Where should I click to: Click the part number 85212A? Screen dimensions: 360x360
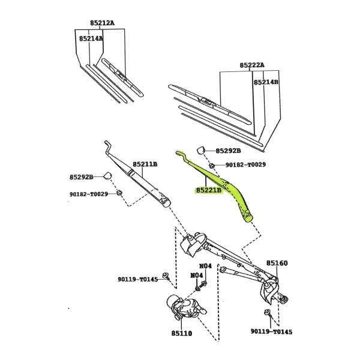pyautogui.click(x=102, y=23)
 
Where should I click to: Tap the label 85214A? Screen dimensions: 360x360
pyautogui.click(x=91, y=38)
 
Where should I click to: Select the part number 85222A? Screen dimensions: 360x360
pyautogui.click(x=252, y=65)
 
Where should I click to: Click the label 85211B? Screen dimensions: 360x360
pyautogui.click(x=145, y=164)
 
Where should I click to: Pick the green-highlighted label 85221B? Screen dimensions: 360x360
pyautogui.click(x=208, y=190)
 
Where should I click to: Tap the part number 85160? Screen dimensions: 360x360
pyautogui.click(x=277, y=263)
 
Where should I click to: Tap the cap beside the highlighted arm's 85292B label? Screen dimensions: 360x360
pyautogui.click(x=202, y=150)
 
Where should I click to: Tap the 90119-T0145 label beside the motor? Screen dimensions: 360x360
pyautogui.click(x=137, y=279)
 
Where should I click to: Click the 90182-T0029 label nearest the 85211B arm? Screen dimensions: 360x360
pyautogui.click(x=89, y=193)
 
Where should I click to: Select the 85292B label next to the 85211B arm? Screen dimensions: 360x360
pyautogui.click(x=82, y=177)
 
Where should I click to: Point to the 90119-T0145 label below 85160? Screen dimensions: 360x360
pyautogui.click(x=272, y=332)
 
